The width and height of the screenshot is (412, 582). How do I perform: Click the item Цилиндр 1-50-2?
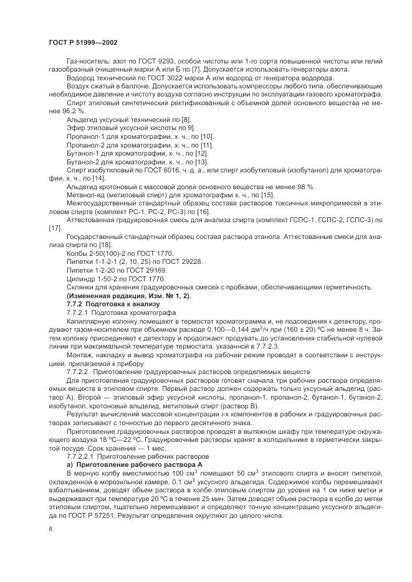coord(91,279)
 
